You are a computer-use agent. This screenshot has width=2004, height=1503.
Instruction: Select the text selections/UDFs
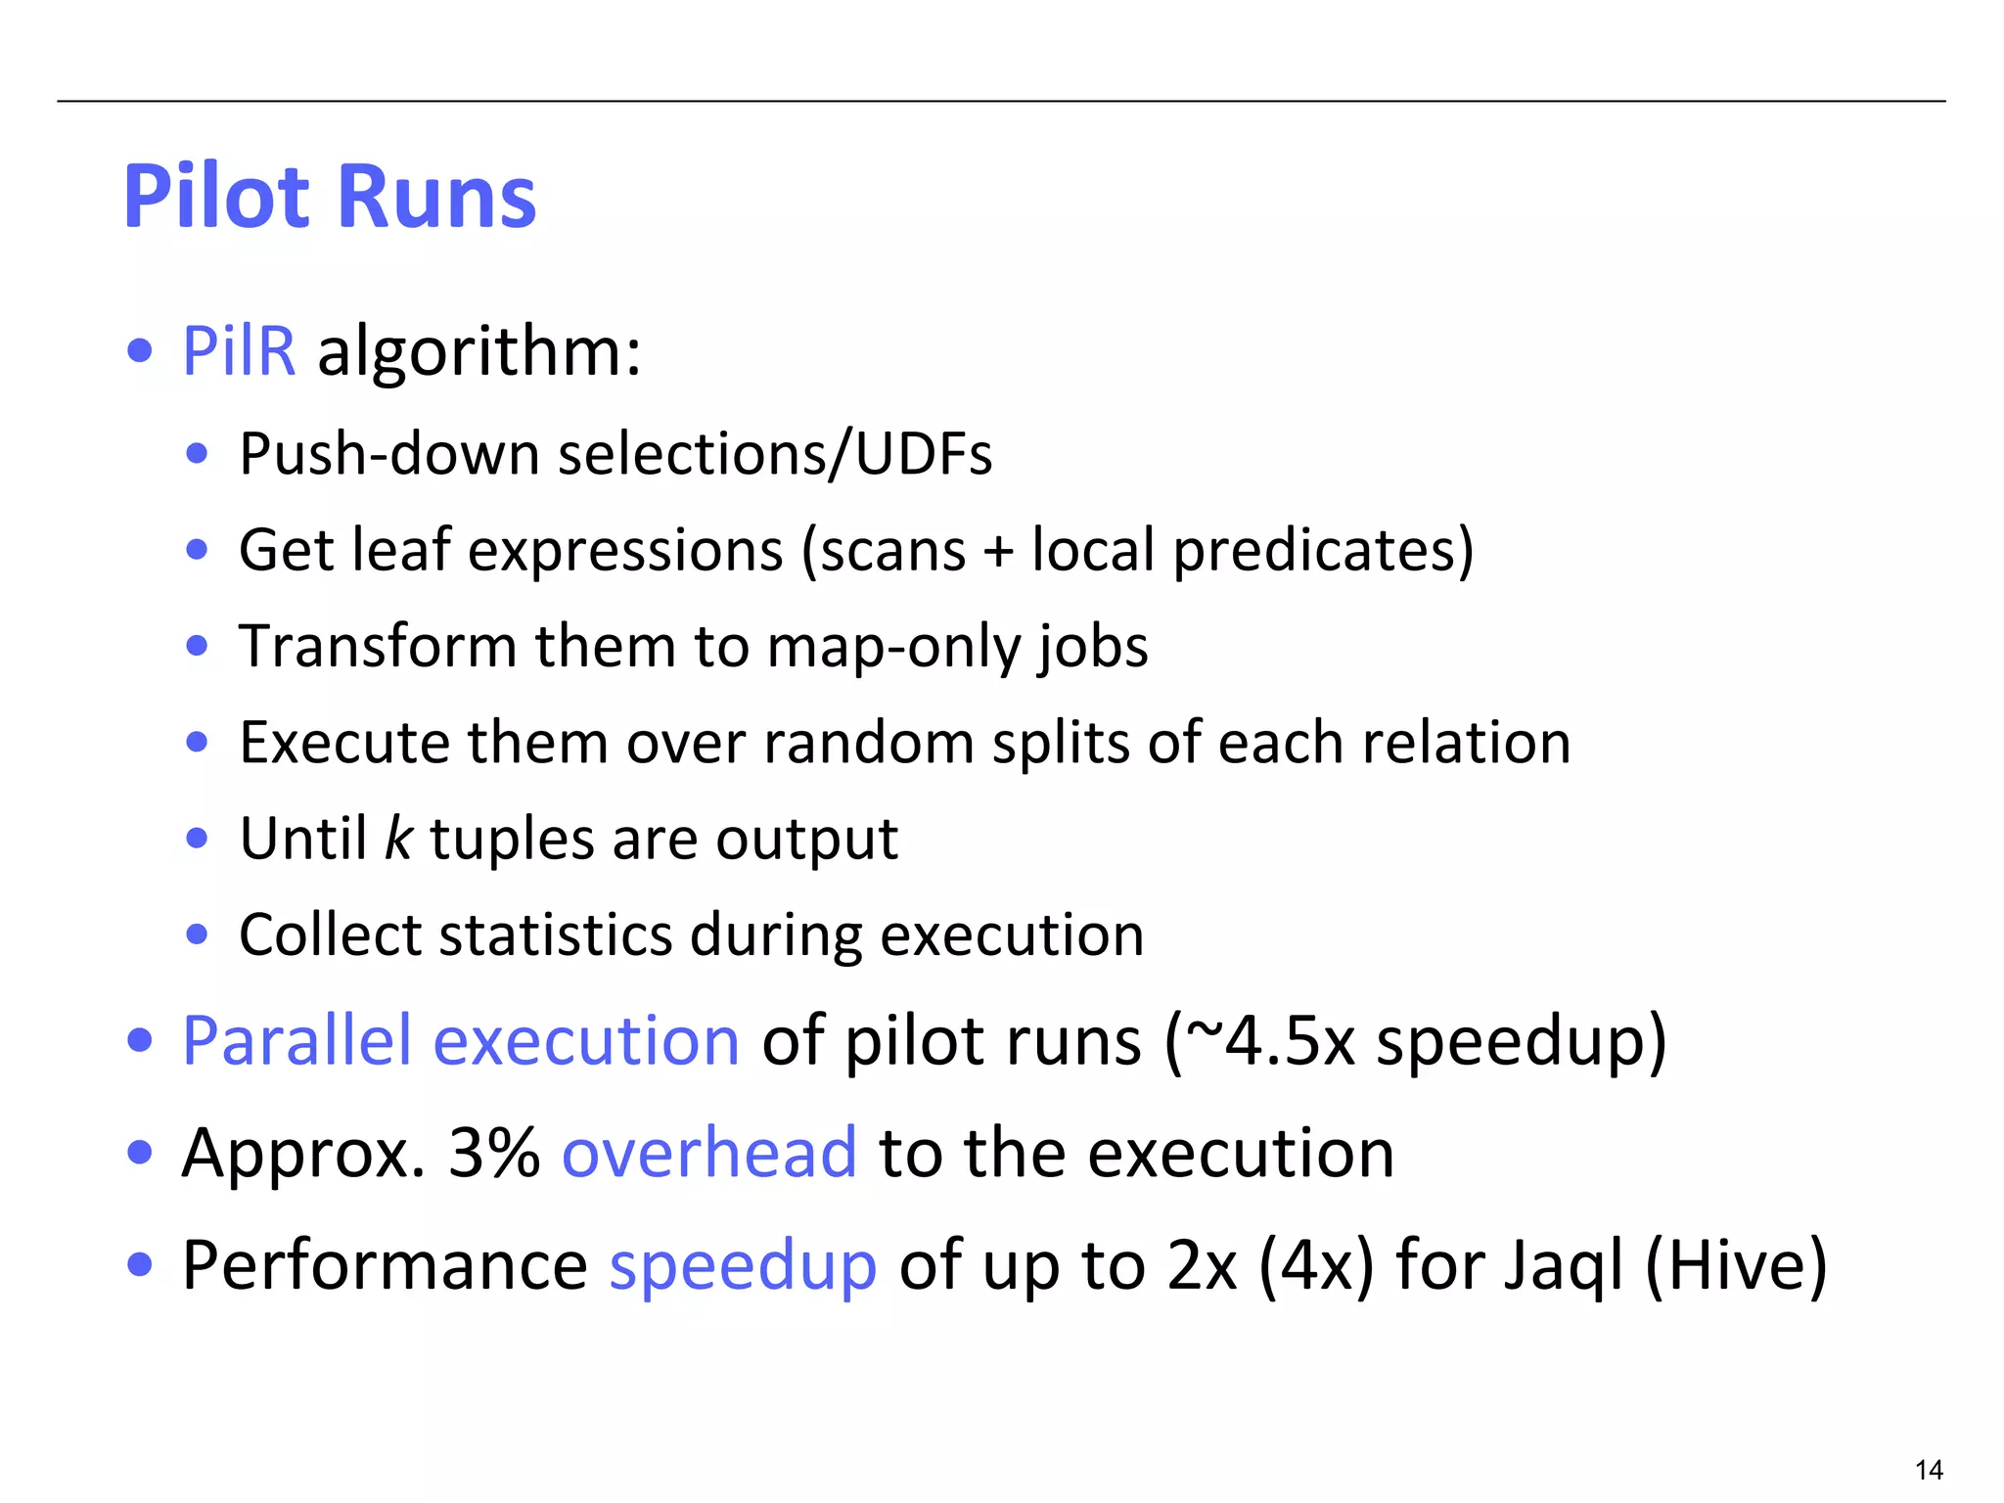click(x=775, y=454)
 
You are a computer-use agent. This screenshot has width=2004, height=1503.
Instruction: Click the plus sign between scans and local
click(x=998, y=550)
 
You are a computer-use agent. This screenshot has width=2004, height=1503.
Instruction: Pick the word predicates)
click(x=1323, y=550)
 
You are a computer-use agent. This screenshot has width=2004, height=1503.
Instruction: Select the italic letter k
click(x=398, y=839)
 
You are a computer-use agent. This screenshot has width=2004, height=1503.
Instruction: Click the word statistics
click(x=556, y=934)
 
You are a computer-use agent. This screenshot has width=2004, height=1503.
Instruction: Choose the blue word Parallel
click(x=296, y=1040)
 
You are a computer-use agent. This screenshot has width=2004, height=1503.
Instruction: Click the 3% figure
click(x=494, y=1153)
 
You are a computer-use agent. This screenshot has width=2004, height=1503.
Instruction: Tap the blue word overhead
click(x=709, y=1153)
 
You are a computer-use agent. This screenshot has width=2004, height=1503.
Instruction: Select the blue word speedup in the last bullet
click(x=743, y=1265)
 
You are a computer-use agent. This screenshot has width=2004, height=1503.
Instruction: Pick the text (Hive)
click(x=1736, y=1265)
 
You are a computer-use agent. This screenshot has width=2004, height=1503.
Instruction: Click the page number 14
click(x=1929, y=1470)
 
